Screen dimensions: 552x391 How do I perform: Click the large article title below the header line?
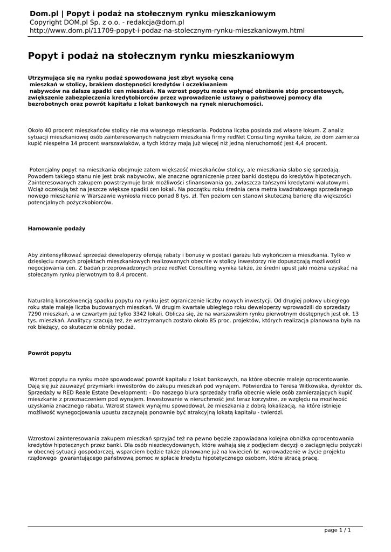pyautogui.click(x=161, y=56)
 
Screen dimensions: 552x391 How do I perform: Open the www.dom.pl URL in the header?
pyautogui.click(x=166, y=31)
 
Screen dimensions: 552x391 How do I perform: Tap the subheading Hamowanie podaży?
pyautogui.click(x=57, y=229)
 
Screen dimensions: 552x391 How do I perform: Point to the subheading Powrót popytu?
pyautogui.click(x=50, y=353)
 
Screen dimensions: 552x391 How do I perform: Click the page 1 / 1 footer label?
pyautogui.click(x=337, y=530)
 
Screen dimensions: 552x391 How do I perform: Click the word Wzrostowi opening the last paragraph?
pyautogui.click(x=44, y=439)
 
